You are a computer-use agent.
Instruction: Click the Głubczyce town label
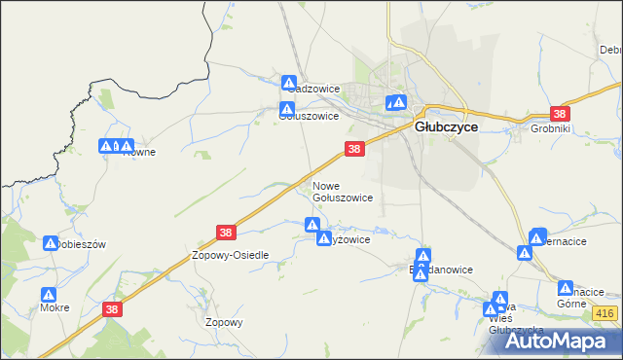[x=445, y=126]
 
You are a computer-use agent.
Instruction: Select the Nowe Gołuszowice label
[x=342, y=191]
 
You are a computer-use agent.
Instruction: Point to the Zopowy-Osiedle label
[x=230, y=254]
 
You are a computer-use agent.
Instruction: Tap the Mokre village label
[x=55, y=307]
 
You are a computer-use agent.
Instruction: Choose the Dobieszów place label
[x=76, y=244]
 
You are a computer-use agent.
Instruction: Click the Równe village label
[x=138, y=152]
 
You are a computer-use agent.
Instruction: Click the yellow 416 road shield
[x=604, y=312]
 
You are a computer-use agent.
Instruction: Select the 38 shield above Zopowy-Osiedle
[x=226, y=233]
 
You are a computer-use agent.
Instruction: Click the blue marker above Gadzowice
[x=289, y=82]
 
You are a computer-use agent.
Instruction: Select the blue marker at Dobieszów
[x=51, y=240]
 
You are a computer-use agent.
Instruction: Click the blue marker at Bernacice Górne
[x=566, y=287]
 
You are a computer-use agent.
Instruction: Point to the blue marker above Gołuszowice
[x=287, y=109]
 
